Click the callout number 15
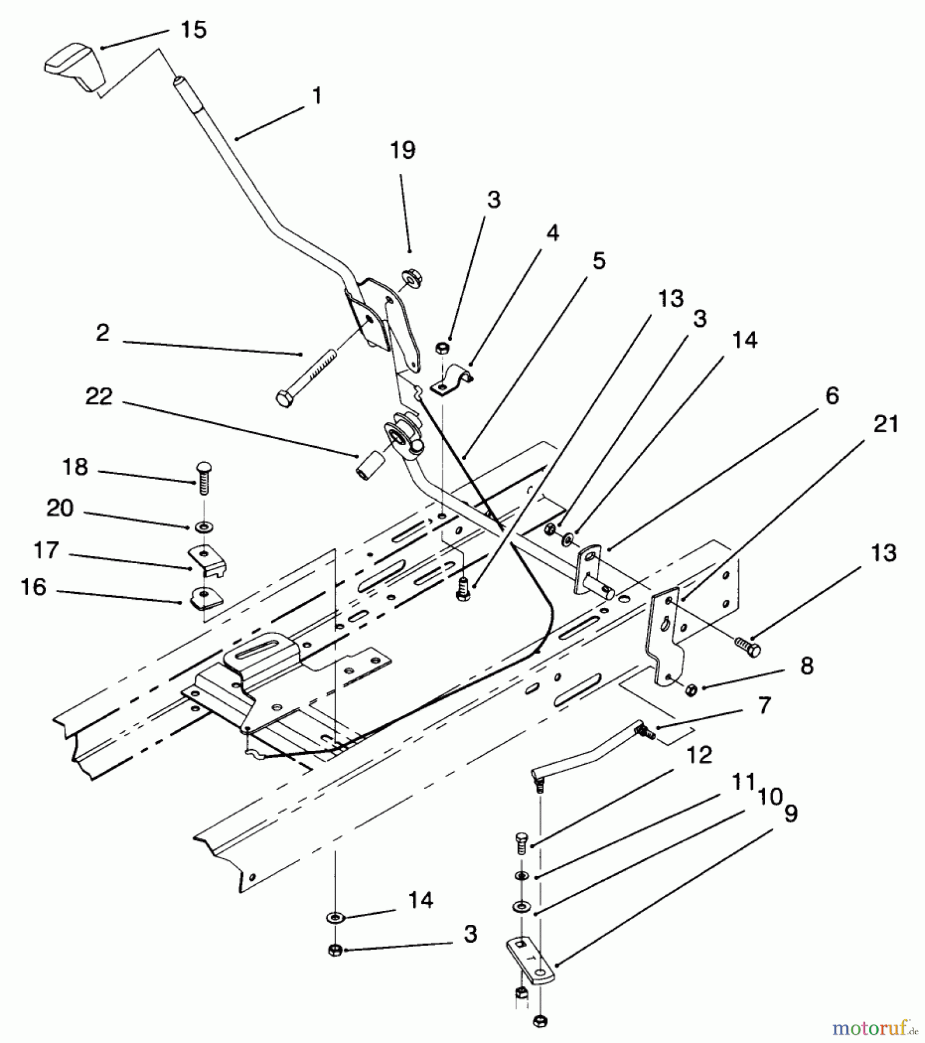(193, 30)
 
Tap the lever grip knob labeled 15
(74, 67)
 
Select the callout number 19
(402, 150)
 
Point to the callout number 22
(99, 397)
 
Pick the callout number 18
(75, 467)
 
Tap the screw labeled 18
(203, 477)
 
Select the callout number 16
(33, 587)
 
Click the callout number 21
(886, 424)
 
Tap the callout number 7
(764, 706)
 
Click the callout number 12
(699, 756)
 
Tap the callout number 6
(832, 396)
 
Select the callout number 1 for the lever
(316, 96)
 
